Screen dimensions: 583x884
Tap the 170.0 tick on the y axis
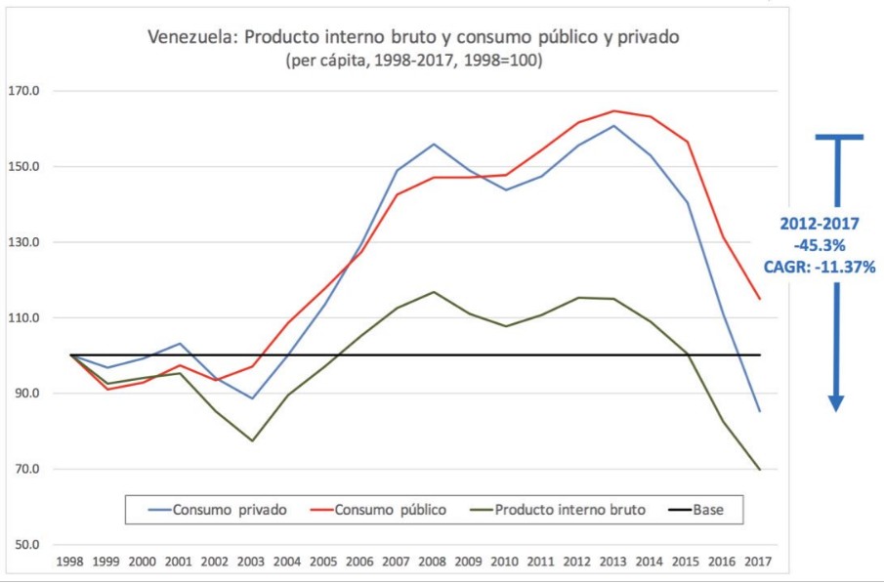(x=23, y=92)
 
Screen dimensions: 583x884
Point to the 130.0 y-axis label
(x=23, y=242)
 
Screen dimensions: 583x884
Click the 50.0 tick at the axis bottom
(x=23, y=545)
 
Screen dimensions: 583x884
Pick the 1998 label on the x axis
(x=70, y=562)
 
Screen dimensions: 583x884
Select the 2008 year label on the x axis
(x=433, y=562)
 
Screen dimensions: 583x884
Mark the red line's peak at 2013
(x=614, y=110)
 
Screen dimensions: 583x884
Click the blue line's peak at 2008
(x=433, y=145)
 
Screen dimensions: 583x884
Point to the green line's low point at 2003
(x=252, y=440)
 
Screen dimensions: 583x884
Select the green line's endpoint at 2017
(x=759, y=470)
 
